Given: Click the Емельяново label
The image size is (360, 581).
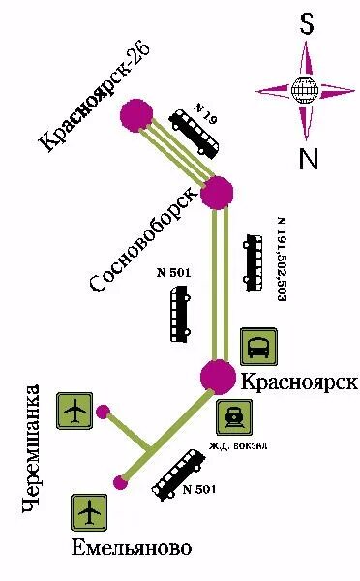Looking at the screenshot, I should point(132,549).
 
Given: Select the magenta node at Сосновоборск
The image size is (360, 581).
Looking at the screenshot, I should point(218,191).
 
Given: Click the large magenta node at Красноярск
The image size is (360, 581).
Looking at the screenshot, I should point(217,377).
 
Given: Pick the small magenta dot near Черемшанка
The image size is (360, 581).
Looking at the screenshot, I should point(104,411).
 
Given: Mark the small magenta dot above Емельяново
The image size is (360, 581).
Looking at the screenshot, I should point(119,480).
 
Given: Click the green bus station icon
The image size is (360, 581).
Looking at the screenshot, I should point(259,346).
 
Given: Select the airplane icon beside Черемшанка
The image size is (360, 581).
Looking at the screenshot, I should point(75,412).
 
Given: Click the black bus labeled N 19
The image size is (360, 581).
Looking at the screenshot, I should point(194,134).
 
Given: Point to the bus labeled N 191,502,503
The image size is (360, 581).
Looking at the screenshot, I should point(254,261).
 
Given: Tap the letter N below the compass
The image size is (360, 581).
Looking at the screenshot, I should point(308,158).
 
